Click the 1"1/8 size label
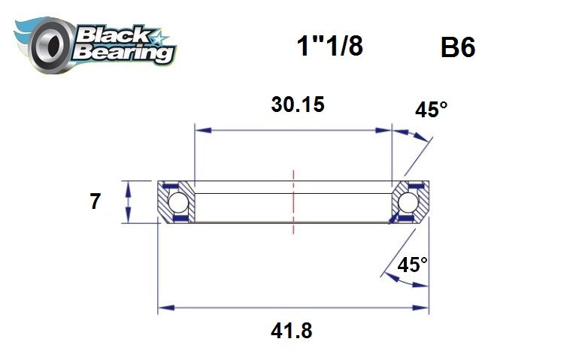pyautogui.click(x=329, y=47)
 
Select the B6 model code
pyautogui.click(x=458, y=49)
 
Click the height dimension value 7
pyautogui.click(x=95, y=202)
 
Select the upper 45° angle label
pyautogui.click(x=431, y=110)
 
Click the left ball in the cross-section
pyautogui.click(x=177, y=202)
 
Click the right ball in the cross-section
pyautogui.click(x=408, y=202)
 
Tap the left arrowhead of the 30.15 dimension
pyautogui.click(x=200, y=130)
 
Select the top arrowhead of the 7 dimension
pyautogui.click(x=129, y=186)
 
